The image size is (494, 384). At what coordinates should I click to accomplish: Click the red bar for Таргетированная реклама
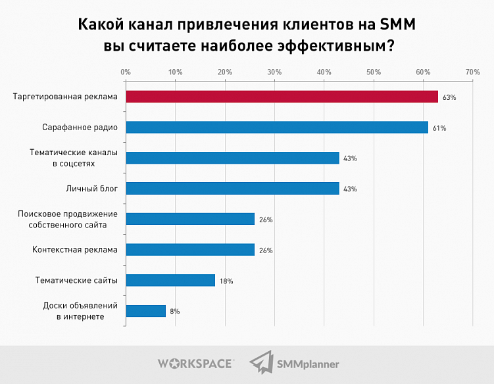[x=282, y=97]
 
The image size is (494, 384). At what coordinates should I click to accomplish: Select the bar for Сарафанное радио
[x=276, y=128]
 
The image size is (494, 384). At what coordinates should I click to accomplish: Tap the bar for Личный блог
[x=232, y=189]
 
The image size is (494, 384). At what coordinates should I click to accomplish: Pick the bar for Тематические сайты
[x=170, y=280]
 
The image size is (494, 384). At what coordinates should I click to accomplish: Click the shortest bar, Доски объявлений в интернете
[x=145, y=311]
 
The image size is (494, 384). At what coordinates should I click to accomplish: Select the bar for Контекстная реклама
[x=190, y=250]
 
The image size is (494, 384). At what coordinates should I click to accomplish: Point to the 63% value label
[x=449, y=97]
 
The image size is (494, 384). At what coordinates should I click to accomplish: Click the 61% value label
[x=439, y=128]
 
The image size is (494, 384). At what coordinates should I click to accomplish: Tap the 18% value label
[x=226, y=281]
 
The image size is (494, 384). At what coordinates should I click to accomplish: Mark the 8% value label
[x=174, y=312]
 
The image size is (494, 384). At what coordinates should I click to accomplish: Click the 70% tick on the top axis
[x=472, y=72]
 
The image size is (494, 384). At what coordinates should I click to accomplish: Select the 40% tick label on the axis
[x=324, y=72]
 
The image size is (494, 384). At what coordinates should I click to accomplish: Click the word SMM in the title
[x=397, y=24]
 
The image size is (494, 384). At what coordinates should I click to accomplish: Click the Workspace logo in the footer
[x=195, y=363]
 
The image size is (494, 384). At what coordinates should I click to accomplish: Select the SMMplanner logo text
[x=309, y=364]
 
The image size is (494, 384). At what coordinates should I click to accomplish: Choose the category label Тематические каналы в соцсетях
[x=74, y=158]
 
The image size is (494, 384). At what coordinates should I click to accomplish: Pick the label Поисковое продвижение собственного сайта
[x=68, y=219]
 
